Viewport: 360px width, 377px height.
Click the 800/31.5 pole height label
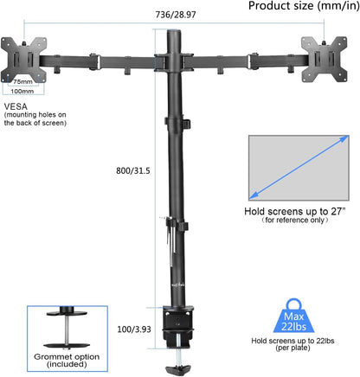point(135,171)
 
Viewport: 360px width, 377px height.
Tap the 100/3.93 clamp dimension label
point(133,330)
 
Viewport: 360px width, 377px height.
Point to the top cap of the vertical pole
point(173,32)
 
